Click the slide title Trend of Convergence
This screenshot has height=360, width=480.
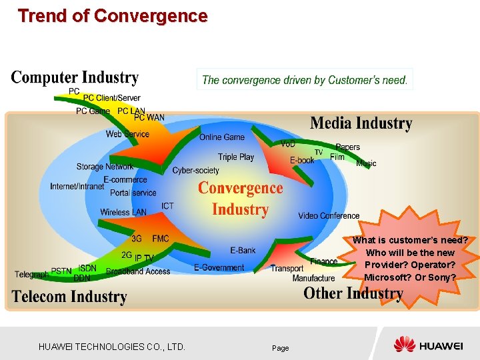[x=113, y=15]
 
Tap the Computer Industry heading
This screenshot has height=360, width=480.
[x=75, y=78]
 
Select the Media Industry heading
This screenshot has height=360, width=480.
[x=361, y=123]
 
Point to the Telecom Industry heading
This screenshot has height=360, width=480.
[x=69, y=297]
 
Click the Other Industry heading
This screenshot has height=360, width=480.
[x=353, y=293]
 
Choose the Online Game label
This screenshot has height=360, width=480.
[x=222, y=137]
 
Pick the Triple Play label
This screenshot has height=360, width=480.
[x=236, y=157]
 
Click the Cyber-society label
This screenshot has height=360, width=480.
[x=195, y=171]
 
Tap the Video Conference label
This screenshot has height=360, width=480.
[x=329, y=215]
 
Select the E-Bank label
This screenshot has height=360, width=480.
[x=243, y=251]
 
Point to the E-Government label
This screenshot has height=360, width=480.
[x=219, y=268]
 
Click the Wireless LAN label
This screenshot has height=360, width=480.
[x=123, y=213]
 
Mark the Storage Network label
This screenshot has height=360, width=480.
[x=105, y=167]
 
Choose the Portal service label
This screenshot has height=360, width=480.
[x=133, y=193]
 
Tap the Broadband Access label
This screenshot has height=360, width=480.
[x=138, y=271]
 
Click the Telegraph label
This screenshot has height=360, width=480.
[x=32, y=275]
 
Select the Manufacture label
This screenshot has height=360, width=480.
[x=313, y=278]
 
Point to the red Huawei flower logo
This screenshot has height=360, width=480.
[x=404, y=345]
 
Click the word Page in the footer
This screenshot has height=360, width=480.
[x=280, y=348]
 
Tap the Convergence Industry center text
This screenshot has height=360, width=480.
[x=240, y=199]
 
